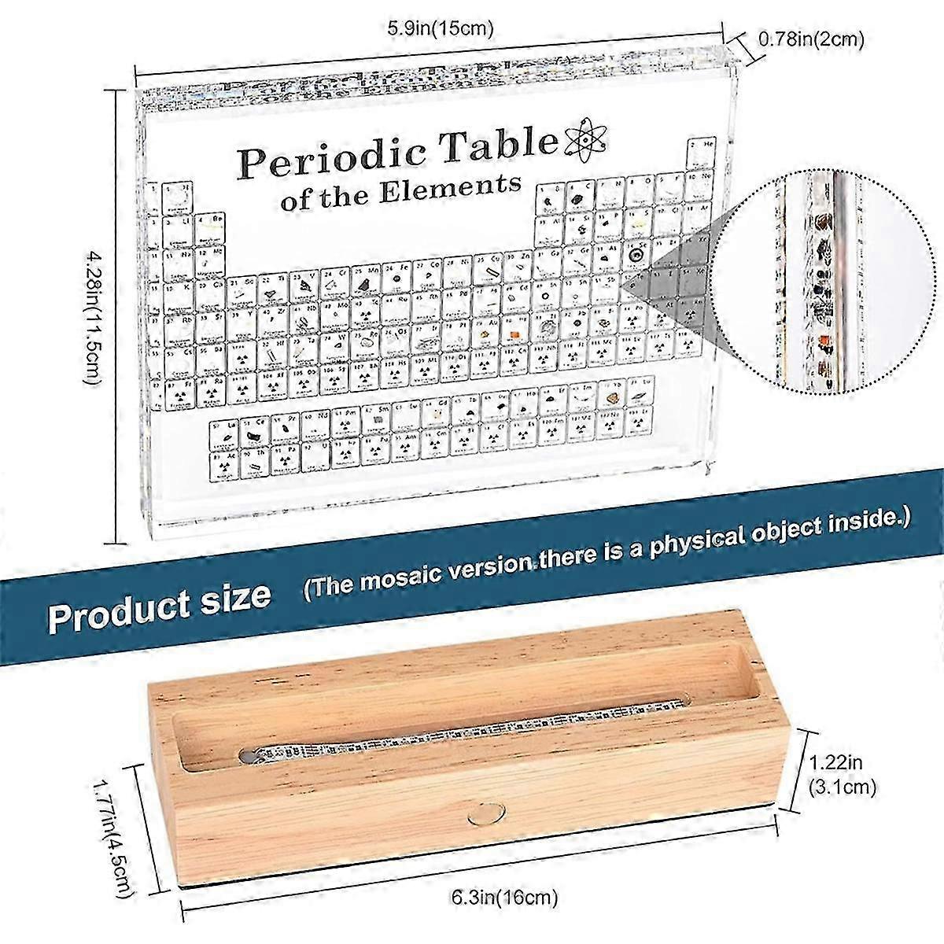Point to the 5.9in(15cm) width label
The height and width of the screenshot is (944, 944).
point(440,29)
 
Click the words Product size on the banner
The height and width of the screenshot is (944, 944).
point(160,604)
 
